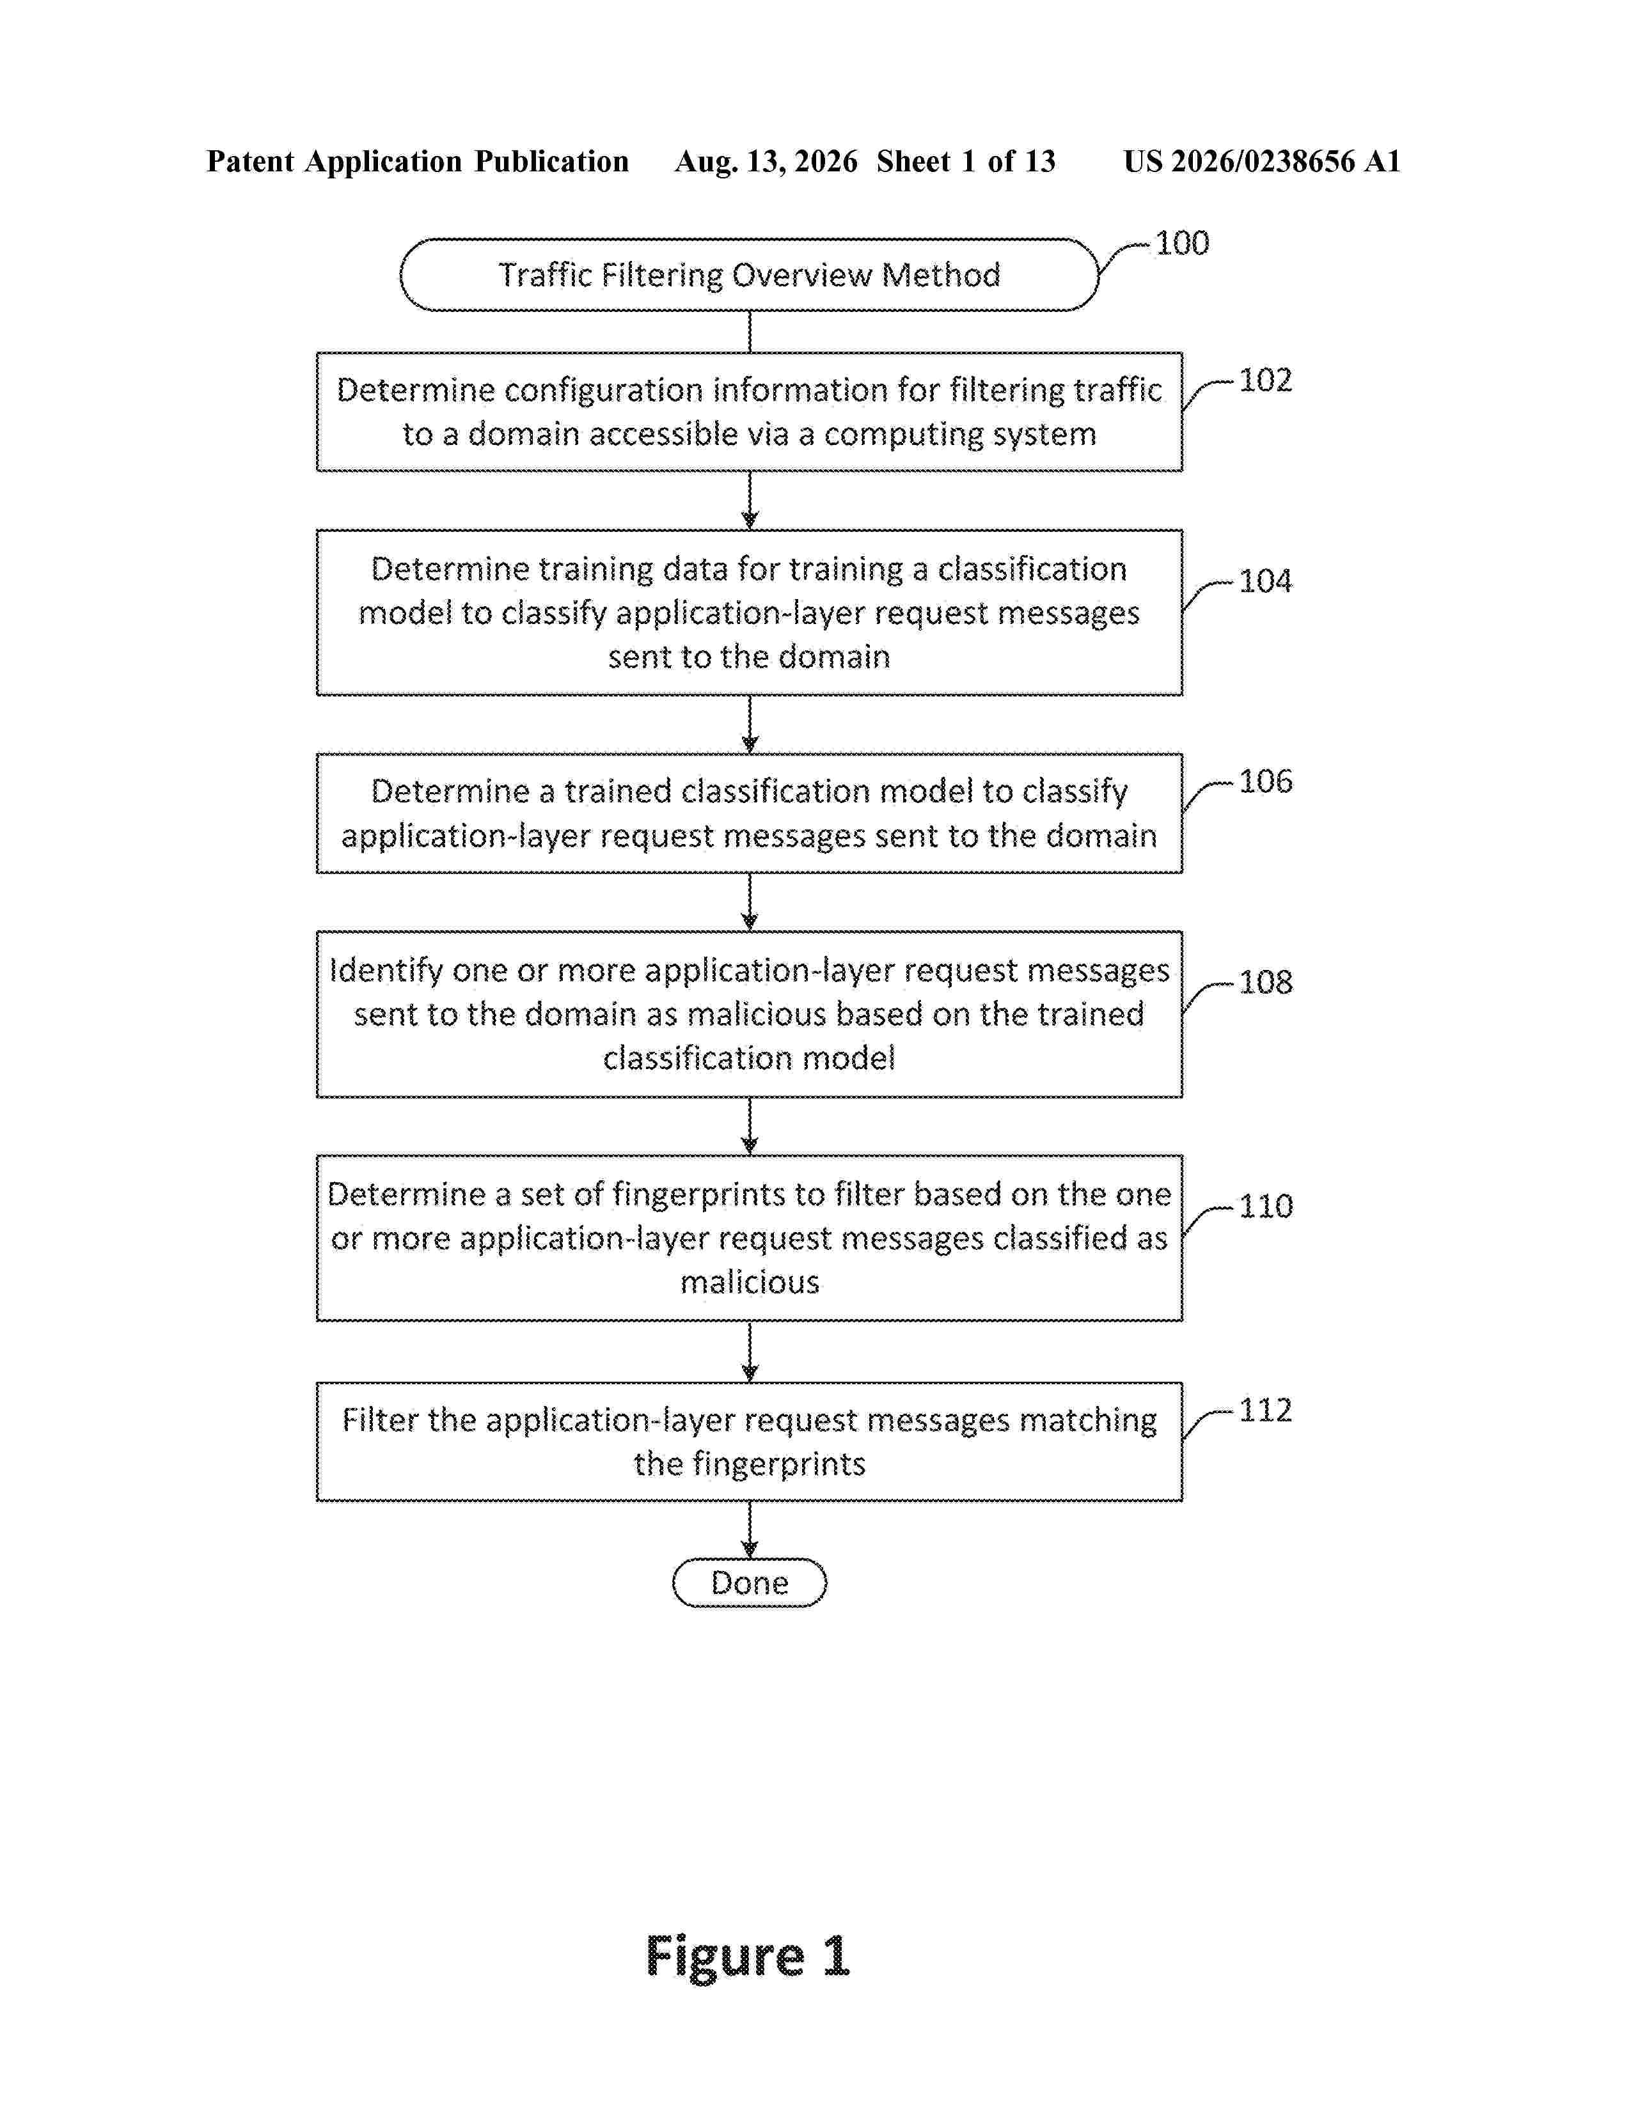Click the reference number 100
tap(1182, 242)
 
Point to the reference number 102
tap(1265, 380)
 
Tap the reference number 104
tap(1265, 581)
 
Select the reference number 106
tap(1265, 781)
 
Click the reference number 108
tap(1265, 981)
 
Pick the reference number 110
tap(1265, 1206)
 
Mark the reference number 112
tap(1265, 1410)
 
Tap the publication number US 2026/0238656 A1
tap(1262, 161)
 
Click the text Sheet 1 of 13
tap(966, 161)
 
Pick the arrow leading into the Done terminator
tap(750, 1529)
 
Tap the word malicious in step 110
tap(750, 1282)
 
